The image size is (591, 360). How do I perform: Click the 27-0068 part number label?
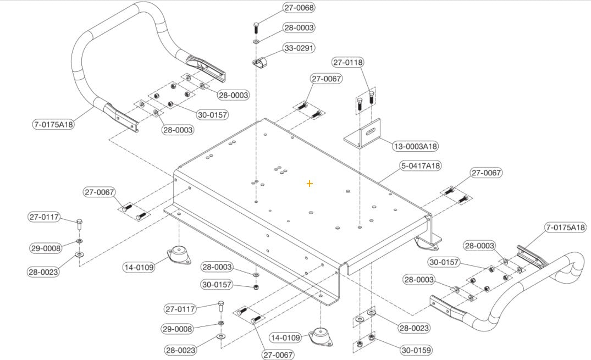(300, 8)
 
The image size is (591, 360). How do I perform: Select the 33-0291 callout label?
(299, 48)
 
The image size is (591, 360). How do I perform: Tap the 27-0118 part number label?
(348, 63)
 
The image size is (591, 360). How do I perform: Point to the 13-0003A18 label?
(416, 146)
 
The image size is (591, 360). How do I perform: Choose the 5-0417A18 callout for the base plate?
(421, 165)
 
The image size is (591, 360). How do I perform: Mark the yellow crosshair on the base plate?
(310, 183)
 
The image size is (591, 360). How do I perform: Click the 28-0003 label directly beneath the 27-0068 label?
(300, 27)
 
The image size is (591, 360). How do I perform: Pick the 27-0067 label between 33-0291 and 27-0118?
(327, 79)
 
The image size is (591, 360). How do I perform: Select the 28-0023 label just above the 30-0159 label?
(414, 328)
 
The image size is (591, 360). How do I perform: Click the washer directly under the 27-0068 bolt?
(256, 41)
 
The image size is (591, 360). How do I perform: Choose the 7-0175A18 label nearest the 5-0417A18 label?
(566, 227)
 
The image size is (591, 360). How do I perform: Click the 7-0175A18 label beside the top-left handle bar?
(53, 124)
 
